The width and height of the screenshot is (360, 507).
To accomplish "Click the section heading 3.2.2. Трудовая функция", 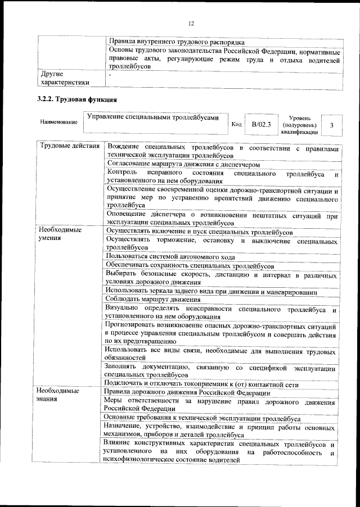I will click(x=76, y=101).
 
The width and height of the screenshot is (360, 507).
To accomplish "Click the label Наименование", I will click(x=58, y=122).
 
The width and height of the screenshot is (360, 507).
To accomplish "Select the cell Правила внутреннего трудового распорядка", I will click(x=176, y=42).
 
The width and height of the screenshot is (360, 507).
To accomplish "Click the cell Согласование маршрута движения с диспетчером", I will click(x=183, y=165).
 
